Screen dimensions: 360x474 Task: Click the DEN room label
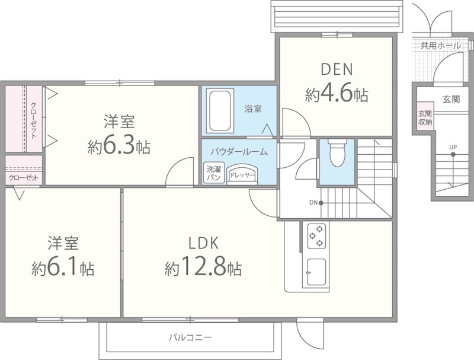(x=337, y=69)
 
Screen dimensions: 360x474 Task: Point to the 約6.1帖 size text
(x=63, y=269)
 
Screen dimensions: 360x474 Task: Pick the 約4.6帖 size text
(x=337, y=94)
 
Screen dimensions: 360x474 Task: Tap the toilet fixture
(x=337, y=155)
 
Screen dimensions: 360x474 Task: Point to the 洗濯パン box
(x=213, y=173)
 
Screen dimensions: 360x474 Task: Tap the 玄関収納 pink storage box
(x=425, y=117)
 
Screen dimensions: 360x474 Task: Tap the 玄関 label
(x=451, y=100)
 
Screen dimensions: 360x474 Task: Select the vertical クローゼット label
(x=33, y=120)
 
